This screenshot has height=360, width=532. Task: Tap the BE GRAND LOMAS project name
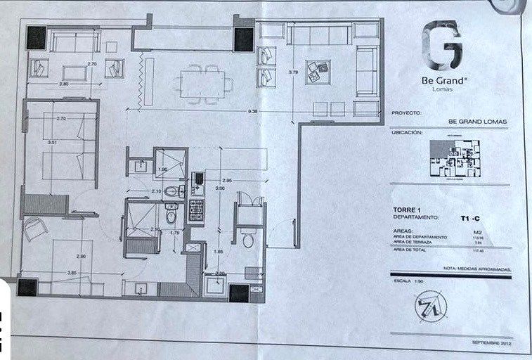(476, 121)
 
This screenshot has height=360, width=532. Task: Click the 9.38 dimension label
(252, 111)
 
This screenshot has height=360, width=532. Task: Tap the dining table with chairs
(202, 83)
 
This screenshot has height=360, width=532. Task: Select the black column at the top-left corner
(35, 37)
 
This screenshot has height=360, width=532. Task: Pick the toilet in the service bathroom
(247, 240)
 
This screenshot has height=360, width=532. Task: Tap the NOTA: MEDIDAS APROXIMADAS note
(476, 269)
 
